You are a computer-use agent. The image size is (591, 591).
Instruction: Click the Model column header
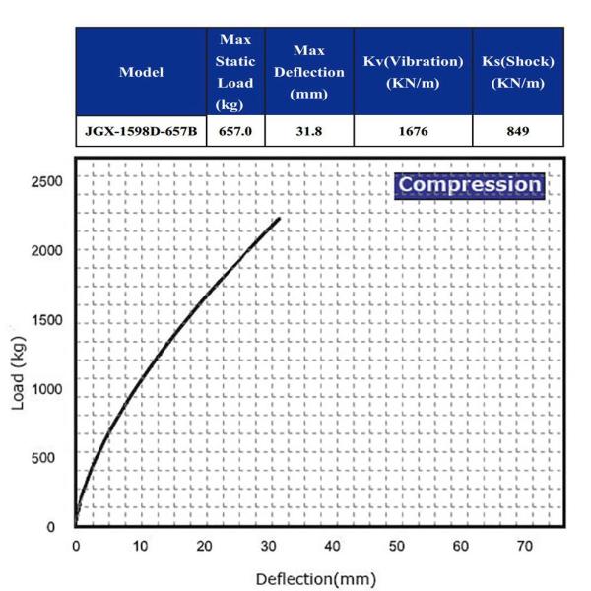(x=141, y=72)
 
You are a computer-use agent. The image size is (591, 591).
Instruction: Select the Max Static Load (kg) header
(x=235, y=72)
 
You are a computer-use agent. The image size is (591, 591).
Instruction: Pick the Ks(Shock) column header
(x=517, y=72)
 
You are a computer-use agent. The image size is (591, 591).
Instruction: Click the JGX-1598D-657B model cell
(x=141, y=130)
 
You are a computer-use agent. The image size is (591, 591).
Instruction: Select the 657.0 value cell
(x=235, y=130)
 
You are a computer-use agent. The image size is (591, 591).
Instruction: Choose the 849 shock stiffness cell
(x=517, y=130)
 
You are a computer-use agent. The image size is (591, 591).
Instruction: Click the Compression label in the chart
(x=469, y=184)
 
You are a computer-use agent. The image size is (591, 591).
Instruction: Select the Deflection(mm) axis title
(x=315, y=578)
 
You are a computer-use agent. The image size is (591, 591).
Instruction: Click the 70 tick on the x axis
(x=525, y=545)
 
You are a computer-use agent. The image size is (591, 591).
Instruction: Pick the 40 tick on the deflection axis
(x=332, y=545)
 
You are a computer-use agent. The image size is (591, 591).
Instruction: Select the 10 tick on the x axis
(x=140, y=545)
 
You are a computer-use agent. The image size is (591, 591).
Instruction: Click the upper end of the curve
(x=279, y=219)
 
